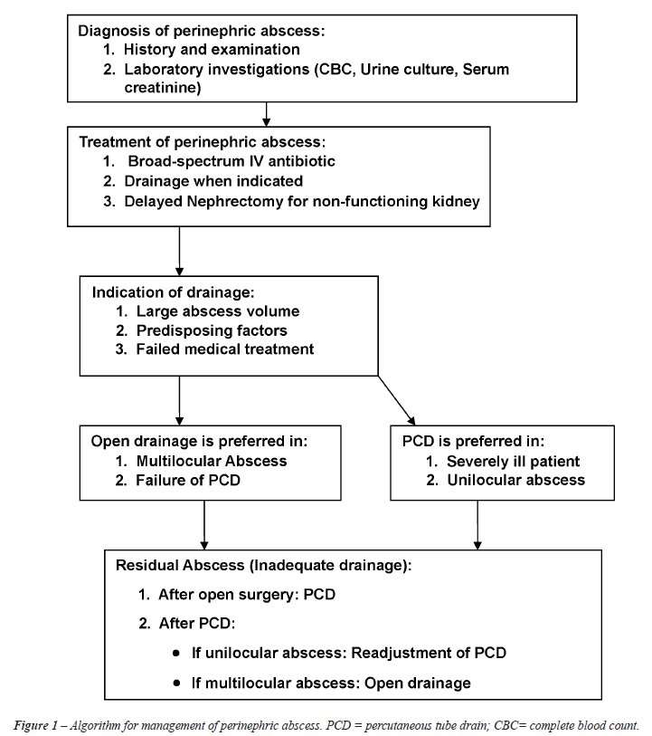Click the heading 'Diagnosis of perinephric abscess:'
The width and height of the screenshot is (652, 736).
(x=201, y=31)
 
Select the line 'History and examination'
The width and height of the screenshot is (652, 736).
(x=212, y=49)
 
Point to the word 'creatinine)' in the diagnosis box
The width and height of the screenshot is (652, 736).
(x=163, y=88)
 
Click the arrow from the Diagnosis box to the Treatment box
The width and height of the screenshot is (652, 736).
(x=266, y=114)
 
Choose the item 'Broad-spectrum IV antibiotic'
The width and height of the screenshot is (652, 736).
(x=232, y=161)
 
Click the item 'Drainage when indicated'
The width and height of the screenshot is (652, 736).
(x=213, y=181)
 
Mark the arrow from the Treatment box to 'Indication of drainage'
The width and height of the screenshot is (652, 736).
(x=179, y=251)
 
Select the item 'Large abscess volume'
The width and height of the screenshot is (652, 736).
(x=218, y=311)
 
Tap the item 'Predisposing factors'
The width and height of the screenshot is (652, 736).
(x=212, y=330)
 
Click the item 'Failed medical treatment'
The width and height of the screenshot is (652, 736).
(x=225, y=349)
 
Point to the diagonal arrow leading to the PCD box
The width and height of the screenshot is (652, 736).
(x=397, y=400)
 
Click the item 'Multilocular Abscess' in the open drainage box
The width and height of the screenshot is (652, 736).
(x=212, y=461)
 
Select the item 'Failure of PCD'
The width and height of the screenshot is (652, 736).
(x=188, y=480)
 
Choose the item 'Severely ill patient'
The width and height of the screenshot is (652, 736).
(x=514, y=462)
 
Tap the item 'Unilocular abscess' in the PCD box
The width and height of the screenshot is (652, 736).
(x=516, y=480)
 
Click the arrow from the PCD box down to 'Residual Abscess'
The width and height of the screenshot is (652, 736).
(x=477, y=525)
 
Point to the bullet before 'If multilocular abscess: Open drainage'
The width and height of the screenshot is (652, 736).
(x=176, y=683)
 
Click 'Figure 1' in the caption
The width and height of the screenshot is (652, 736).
(x=35, y=725)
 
